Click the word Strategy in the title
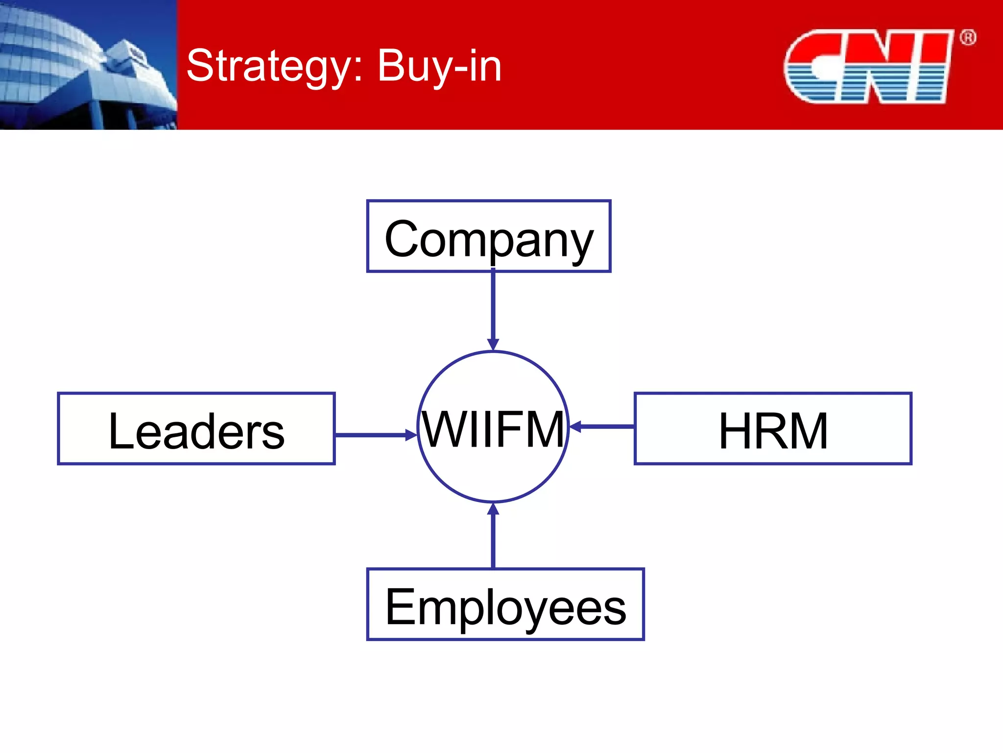pyautogui.click(x=275, y=67)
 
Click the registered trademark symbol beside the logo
pyautogui.click(x=968, y=38)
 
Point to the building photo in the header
pyautogui.click(x=88, y=65)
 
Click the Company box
pyautogui.click(x=488, y=236)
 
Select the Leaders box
pyautogui.click(x=196, y=428)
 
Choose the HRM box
pyautogui.click(x=773, y=428)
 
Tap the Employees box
pyautogui.click(x=505, y=604)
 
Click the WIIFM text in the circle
pyautogui.click(x=493, y=429)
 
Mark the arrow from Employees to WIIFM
pyautogui.click(x=493, y=537)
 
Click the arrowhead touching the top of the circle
pyautogui.click(x=493, y=344)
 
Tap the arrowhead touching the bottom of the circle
pyautogui.click(x=493, y=509)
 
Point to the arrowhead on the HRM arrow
pyautogui.click(x=576, y=427)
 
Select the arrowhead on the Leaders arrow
pyautogui.click(x=410, y=435)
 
